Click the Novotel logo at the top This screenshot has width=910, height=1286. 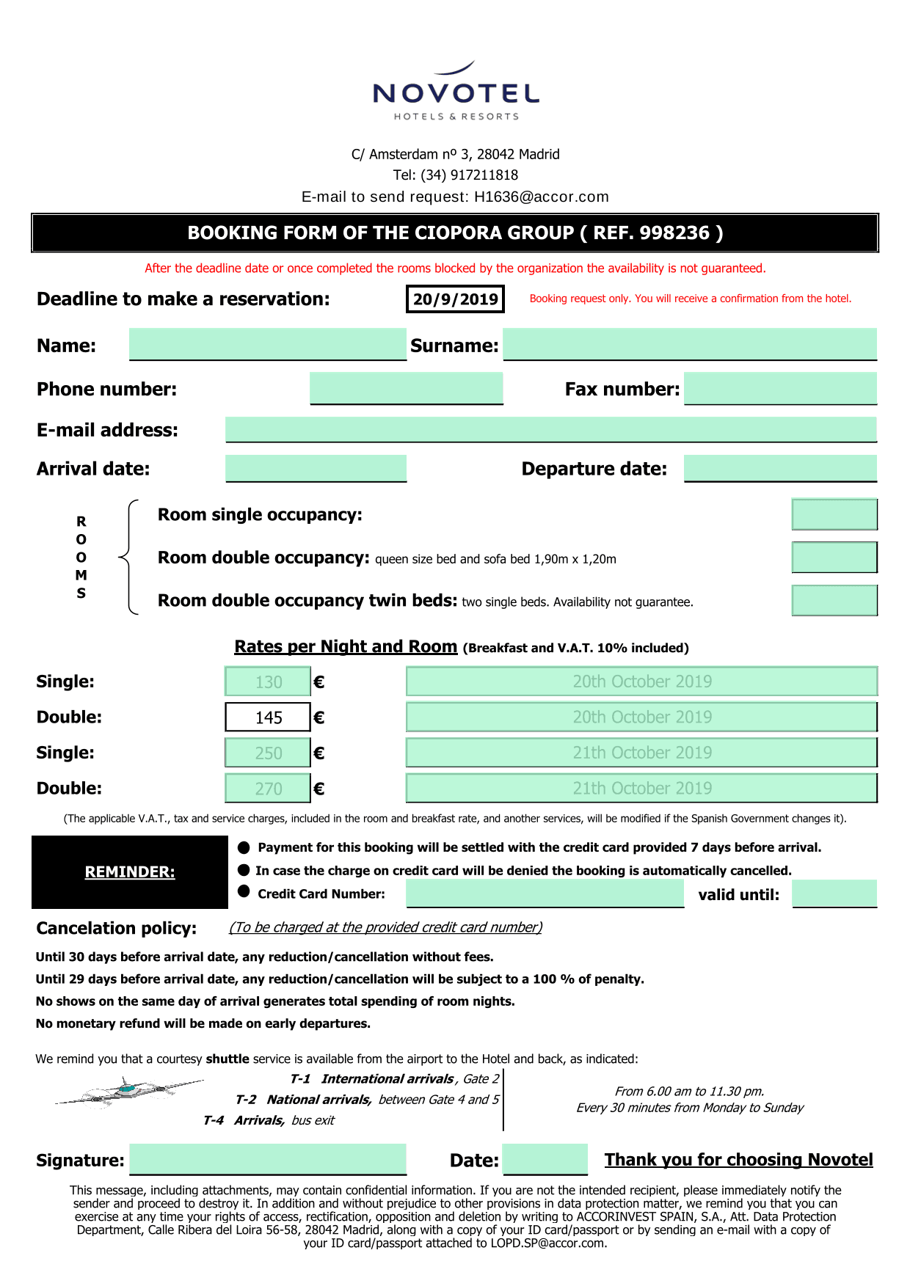(456, 92)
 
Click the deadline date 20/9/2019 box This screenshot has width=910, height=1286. (455, 299)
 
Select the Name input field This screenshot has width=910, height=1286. (268, 344)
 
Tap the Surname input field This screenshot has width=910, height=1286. (690, 344)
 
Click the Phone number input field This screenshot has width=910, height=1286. (406, 388)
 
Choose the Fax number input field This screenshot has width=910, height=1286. (780, 388)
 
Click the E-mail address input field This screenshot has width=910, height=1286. (550, 429)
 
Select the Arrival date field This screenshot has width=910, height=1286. (316, 468)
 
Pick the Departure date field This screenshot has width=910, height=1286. (780, 468)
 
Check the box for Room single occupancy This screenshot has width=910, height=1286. (834, 514)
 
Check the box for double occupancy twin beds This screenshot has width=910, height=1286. (834, 600)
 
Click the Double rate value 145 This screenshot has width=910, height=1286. (268, 717)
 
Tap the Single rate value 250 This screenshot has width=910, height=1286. (268, 753)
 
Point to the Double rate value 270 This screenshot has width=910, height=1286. (268, 789)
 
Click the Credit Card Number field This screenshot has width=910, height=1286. (545, 894)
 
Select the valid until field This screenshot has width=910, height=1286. (834, 894)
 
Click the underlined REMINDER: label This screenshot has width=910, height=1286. (130, 872)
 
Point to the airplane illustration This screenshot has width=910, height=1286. (129, 1091)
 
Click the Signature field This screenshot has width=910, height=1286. (268, 1159)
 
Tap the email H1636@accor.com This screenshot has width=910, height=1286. (542, 197)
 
